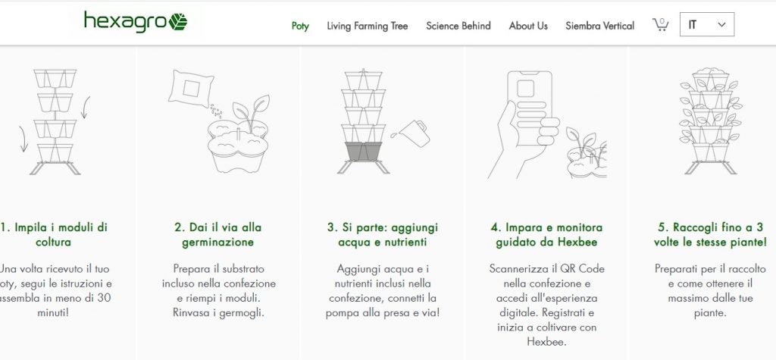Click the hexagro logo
click(x=136, y=22)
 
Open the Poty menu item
click(x=300, y=27)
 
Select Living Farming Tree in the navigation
click(x=368, y=26)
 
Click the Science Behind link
click(x=458, y=26)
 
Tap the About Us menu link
click(x=528, y=26)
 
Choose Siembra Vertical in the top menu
click(x=600, y=26)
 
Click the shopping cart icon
click(x=660, y=25)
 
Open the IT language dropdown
click(x=707, y=24)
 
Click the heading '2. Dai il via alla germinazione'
click(x=217, y=235)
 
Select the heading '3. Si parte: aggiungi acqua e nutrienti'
click(x=383, y=235)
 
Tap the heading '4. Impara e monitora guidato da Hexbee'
click(x=546, y=235)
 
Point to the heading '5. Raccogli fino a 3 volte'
click(x=710, y=235)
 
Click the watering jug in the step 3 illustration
click(x=415, y=133)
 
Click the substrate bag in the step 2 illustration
click(x=190, y=89)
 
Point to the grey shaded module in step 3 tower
click(x=364, y=152)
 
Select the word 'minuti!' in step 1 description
click(x=53, y=313)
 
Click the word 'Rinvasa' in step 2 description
click(x=189, y=313)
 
